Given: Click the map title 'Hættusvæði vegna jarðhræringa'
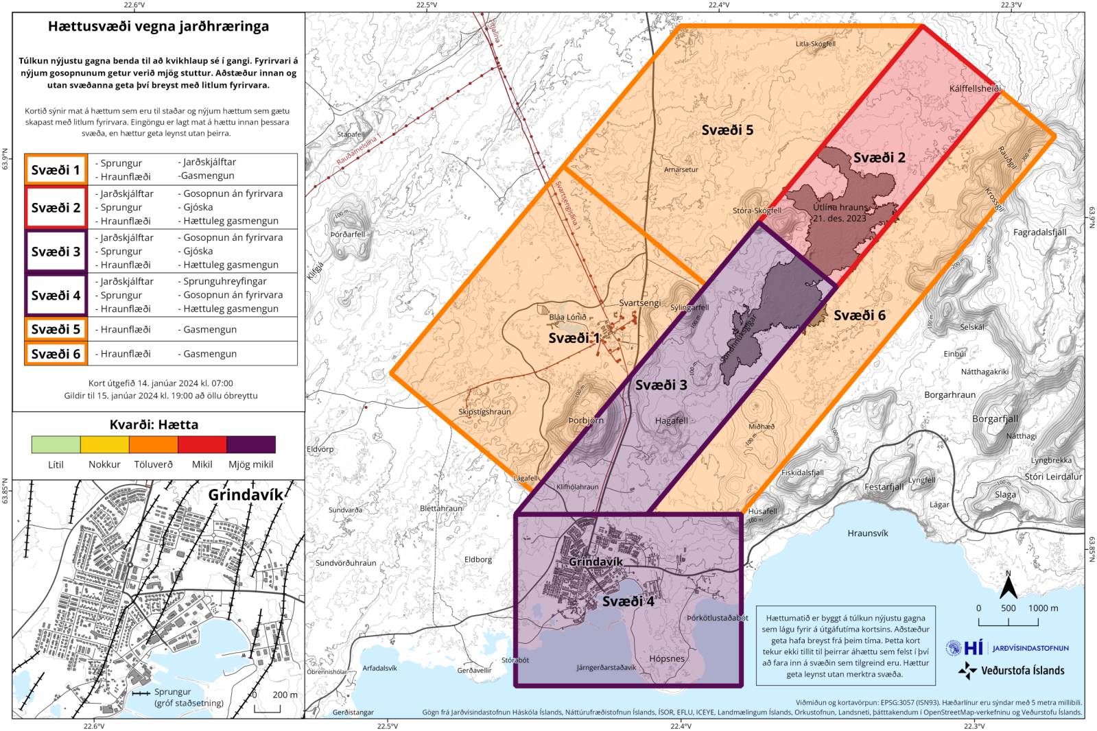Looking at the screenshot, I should (158, 27).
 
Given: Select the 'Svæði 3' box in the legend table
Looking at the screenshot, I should (56, 252).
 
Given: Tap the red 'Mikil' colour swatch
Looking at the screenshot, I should (202, 444).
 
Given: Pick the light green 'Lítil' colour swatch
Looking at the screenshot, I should (56, 444).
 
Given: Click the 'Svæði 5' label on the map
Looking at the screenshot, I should (727, 130).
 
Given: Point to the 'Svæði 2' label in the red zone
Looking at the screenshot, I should (879, 158).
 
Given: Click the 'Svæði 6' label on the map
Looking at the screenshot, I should (859, 315).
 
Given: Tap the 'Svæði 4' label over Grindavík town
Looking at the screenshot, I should (628, 601).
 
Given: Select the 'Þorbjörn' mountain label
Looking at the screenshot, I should (586, 420).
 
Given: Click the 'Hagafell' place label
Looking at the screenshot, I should (671, 420).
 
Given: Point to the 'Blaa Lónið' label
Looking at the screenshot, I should (567, 317).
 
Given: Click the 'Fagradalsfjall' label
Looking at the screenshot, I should (1039, 232).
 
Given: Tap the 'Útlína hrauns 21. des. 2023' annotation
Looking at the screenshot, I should (840, 213).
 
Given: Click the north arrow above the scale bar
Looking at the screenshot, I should (1008, 587).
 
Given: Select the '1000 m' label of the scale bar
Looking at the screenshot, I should (1043, 608).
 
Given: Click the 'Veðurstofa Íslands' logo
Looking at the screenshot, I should (1012, 670).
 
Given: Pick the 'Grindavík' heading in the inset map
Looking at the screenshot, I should (246, 494).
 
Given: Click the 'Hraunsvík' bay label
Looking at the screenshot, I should (867, 533).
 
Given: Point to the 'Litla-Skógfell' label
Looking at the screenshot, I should (815, 44).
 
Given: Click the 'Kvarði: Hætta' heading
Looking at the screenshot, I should (154, 424).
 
